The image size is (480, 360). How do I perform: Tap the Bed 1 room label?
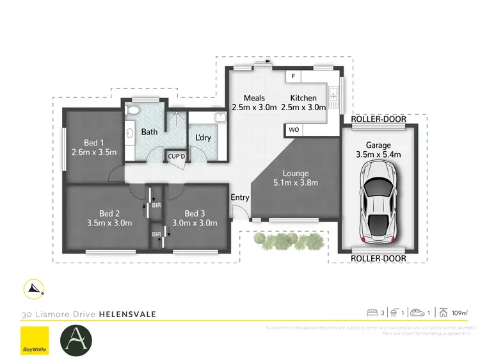click(93, 142)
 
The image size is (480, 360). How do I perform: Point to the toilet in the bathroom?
click(132, 112)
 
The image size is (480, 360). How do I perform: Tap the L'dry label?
click(203, 138)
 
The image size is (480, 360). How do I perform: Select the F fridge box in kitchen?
click(293, 76)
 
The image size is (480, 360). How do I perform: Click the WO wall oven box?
click(294, 130)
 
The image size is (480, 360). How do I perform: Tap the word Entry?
click(240, 197)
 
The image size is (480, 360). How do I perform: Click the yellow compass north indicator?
click(34, 290)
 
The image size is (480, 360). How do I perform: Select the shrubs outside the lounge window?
click(287, 240)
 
